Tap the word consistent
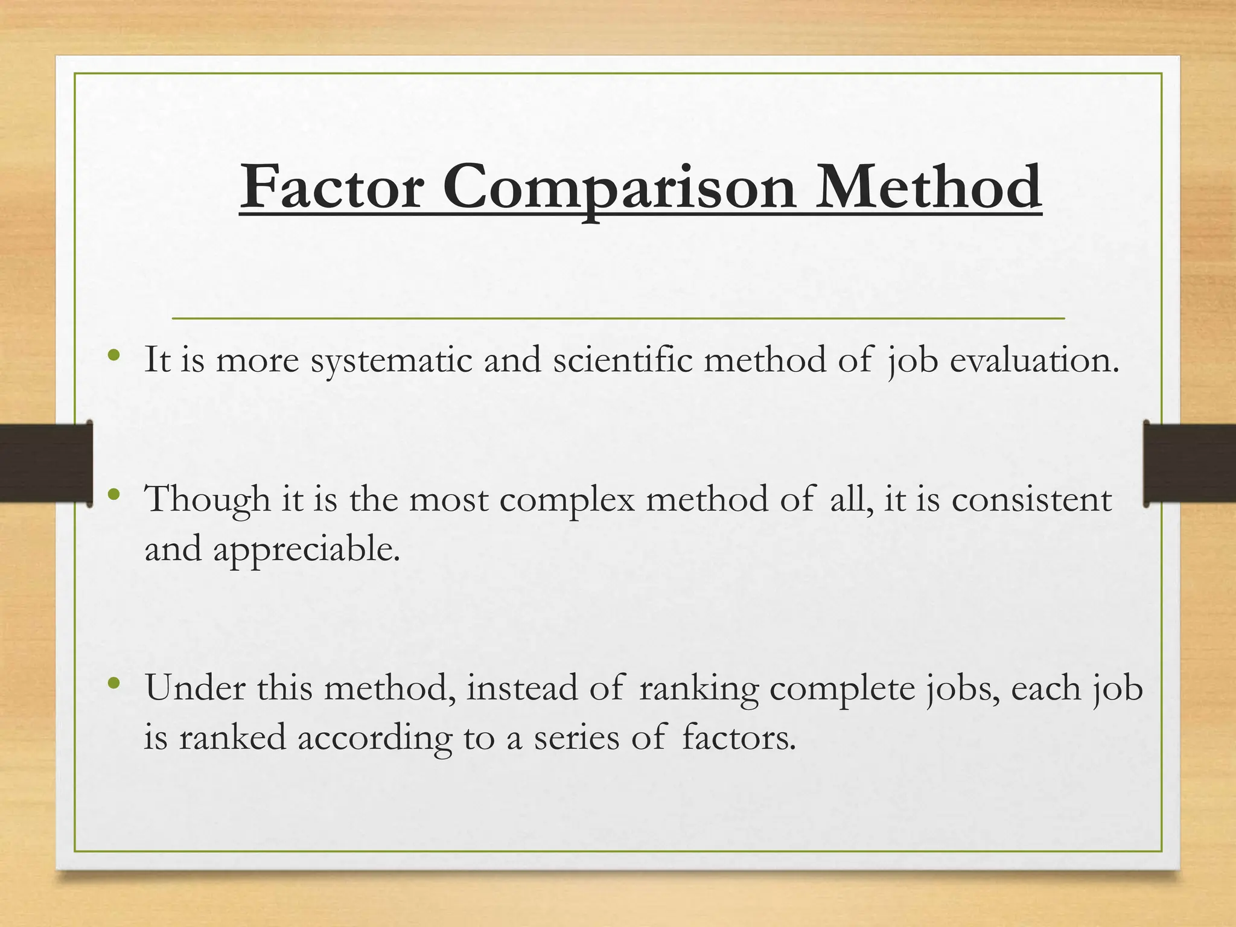pyautogui.click(x=1031, y=500)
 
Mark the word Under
pyautogui.click(x=195, y=687)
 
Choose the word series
pyautogui.click(x=576, y=738)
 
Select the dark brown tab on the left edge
pyautogui.click(x=46, y=463)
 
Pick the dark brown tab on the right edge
pyautogui.click(x=1190, y=463)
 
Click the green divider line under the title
pyautogui.click(x=618, y=317)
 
